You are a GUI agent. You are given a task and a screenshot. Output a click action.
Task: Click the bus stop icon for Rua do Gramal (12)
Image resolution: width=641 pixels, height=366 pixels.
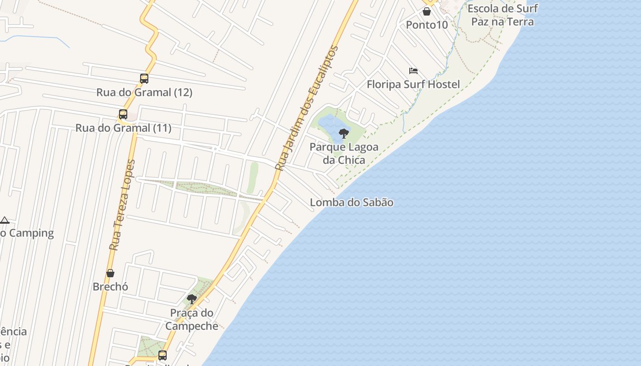(x=144, y=79)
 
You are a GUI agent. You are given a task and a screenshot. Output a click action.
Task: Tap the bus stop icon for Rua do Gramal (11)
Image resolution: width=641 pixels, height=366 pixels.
(x=123, y=114)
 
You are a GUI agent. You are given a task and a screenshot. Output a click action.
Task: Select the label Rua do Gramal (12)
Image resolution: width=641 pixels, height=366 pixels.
(x=144, y=92)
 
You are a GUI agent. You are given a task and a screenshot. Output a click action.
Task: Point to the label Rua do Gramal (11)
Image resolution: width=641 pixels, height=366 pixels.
(x=123, y=128)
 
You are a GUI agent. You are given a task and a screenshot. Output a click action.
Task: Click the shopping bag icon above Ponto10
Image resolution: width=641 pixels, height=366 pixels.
(x=427, y=11)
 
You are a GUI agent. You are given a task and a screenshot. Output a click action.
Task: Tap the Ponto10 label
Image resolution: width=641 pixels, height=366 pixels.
(x=427, y=25)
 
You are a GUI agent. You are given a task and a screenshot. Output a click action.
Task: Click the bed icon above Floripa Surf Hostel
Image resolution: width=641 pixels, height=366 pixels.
(x=413, y=71)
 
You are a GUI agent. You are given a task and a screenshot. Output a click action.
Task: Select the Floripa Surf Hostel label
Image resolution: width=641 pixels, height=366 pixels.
(x=413, y=85)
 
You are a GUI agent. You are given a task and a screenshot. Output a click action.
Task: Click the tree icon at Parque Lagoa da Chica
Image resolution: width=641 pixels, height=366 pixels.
(x=344, y=134)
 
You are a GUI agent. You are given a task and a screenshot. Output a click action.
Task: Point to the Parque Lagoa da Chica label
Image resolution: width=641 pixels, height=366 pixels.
(x=344, y=153)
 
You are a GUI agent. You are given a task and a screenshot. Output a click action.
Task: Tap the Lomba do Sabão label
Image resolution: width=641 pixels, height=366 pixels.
(x=352, y=202)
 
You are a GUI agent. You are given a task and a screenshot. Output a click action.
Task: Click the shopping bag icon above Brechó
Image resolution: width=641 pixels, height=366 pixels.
(x=110, y=273)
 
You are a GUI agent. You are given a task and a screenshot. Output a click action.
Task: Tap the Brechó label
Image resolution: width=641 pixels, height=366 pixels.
(x=110, y=287)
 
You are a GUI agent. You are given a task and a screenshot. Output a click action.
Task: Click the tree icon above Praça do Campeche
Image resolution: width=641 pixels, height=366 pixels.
(x=192, y=299)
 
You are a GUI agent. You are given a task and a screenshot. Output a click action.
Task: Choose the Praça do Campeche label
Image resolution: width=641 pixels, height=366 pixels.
(x=192, y=319)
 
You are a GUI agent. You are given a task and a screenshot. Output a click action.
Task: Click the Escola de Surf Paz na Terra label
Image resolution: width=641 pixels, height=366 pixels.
(x=502, y=15)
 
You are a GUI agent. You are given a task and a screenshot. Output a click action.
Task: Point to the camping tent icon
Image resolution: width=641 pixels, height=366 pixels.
(x=5, y=220)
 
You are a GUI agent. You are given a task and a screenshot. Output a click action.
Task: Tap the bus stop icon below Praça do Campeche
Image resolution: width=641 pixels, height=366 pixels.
(x=163, y=355)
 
